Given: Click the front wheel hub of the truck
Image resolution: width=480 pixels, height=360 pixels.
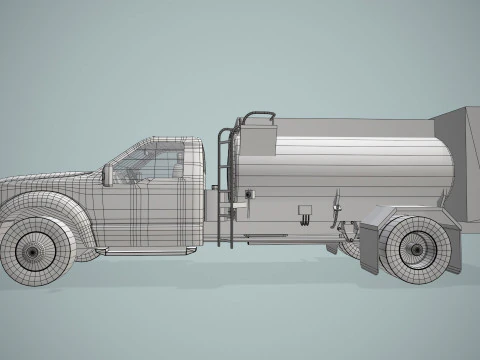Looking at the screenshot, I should [x=33, y=251].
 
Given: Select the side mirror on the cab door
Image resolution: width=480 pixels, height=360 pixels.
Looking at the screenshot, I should [x=107, y=175].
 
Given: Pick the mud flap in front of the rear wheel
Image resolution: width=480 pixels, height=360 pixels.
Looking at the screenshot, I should [x=368, y=248].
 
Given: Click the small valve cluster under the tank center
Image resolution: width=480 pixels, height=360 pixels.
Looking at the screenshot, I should [x=304, y=214].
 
